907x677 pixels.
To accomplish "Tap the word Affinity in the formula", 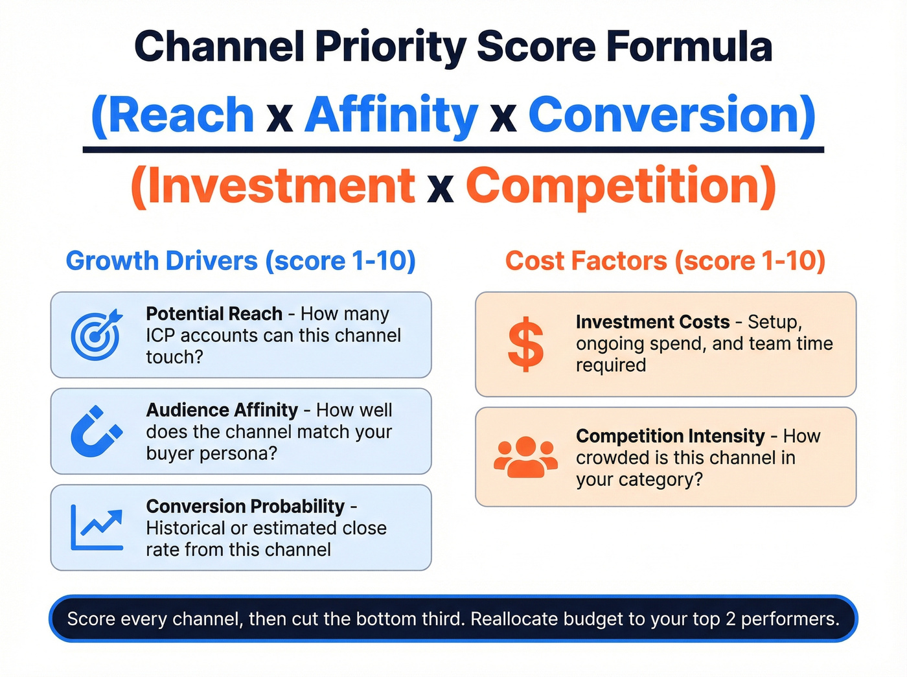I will [x=391, y=115].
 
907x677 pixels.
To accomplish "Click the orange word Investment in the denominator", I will [x=279, y=186].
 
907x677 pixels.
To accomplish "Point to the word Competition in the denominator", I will [x=614, y=186].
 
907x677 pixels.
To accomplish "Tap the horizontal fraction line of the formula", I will [x=454, y=150].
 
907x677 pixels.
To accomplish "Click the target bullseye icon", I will [x=96, y=334].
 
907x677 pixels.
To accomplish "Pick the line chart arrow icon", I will [x=97, y=527].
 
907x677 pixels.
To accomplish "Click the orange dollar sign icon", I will [x=525, y=344].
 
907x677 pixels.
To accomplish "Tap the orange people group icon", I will [x=525, y=457].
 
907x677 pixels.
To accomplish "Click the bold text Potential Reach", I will [x=214, y=314].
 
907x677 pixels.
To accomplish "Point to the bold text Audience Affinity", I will [x=222, y=410].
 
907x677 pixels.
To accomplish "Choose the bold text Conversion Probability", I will [x=245, y=506].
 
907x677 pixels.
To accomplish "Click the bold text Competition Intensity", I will [x=671, y=436].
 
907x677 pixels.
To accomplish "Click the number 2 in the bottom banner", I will [x=730, y=619].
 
